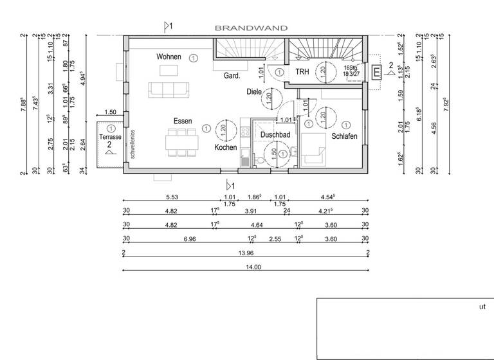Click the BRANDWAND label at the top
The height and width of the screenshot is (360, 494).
coord(251,28)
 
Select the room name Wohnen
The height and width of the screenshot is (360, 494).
coord(169,57)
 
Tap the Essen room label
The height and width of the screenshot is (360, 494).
coord(183,121)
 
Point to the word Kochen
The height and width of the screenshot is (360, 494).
coord(226,147)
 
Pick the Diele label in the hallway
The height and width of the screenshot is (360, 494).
coord(254,92)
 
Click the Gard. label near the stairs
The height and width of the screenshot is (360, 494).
coord(232,76)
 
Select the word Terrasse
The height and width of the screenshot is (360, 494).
coord(110,138)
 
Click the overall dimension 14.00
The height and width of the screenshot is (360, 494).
coord(244,267)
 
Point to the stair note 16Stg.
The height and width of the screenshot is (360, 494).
coord(351,67)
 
